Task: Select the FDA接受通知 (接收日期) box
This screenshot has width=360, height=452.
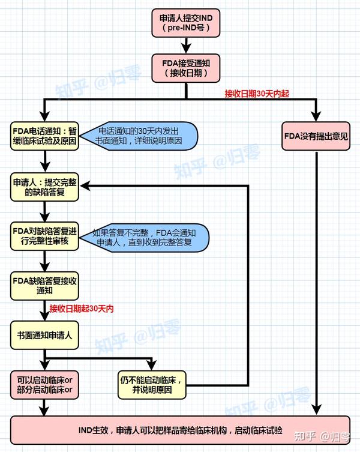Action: pos(186,68)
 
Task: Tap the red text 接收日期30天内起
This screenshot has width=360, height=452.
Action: pos(257,94)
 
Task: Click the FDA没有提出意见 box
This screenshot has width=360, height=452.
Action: pos(316,136)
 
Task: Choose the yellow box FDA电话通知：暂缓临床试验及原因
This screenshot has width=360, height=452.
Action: pos(44,136)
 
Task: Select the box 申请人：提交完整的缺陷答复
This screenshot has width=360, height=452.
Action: pos(44,187)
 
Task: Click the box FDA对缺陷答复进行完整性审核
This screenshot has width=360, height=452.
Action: pos(44,236)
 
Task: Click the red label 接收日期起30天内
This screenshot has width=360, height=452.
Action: pos(82,309)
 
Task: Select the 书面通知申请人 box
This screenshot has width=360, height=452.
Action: pos(44,336)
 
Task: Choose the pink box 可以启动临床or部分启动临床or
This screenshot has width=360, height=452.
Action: pos(44,384)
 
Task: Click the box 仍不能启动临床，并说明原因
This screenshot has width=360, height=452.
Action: pos(152,384)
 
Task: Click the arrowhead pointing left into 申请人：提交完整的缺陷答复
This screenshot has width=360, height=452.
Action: pos(84,187)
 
